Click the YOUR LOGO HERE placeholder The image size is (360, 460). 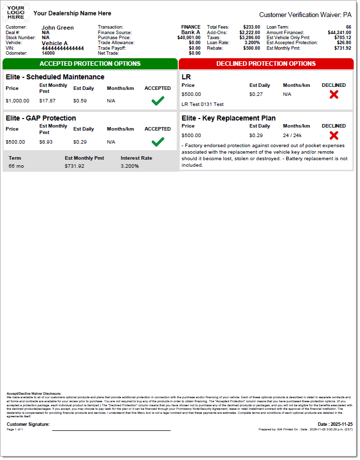(16, 13)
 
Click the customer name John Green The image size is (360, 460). (57, 28)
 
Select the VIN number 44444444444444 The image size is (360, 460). (63, 48)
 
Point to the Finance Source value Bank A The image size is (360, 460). (191, 32)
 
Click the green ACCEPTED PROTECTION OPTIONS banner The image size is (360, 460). (90, 64)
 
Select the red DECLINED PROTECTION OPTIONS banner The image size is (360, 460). (266, 64)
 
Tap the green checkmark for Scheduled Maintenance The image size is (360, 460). (158, 101)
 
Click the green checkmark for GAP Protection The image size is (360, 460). (158, 142)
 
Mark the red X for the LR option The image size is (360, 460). (334, 94)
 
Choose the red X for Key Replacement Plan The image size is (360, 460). (334, 135)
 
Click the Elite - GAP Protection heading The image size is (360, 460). (41, 118)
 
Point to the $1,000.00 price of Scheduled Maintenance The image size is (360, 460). (18, 101)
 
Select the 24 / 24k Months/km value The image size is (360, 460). (292, 136)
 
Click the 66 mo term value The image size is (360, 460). (16, 166)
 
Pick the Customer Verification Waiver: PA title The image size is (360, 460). (305, 15)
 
